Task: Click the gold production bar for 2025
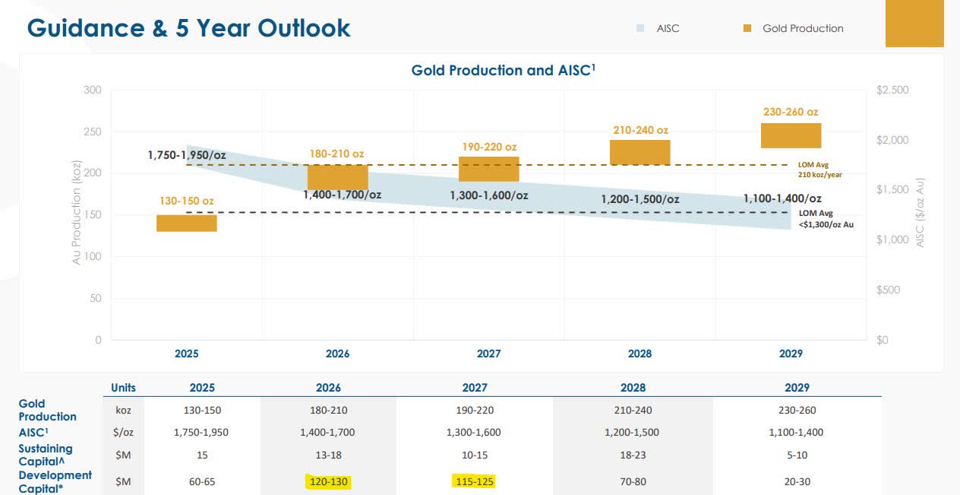pos(187,223)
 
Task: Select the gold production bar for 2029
pos(791,135)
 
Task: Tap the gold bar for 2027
pos(488,169)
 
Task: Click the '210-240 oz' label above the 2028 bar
pos(640,130)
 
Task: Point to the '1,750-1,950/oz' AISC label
pos(187,155)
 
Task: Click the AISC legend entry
pos(658,28)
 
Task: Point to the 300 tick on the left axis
pos(93,90)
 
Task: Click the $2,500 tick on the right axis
pos(892,90)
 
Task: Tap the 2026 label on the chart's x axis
pos(338,354)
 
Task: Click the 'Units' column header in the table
pos(123,388)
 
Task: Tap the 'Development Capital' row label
pos(55,481)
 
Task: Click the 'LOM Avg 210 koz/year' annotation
pos(819,169)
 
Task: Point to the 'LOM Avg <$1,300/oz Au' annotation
pos(825,219)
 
